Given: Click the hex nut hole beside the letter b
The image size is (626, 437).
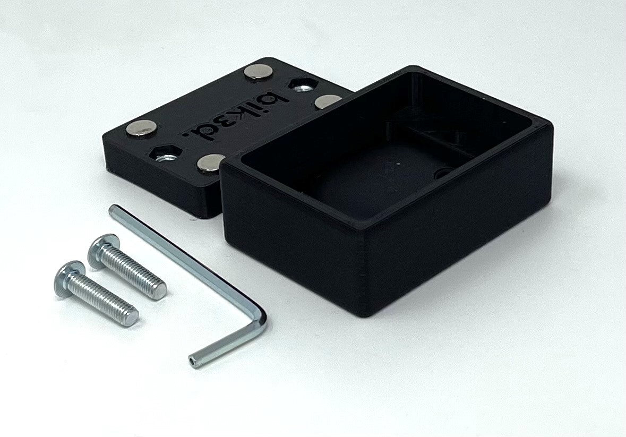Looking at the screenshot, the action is (301, 85).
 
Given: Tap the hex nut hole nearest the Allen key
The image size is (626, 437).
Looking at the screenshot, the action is (166, 153).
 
